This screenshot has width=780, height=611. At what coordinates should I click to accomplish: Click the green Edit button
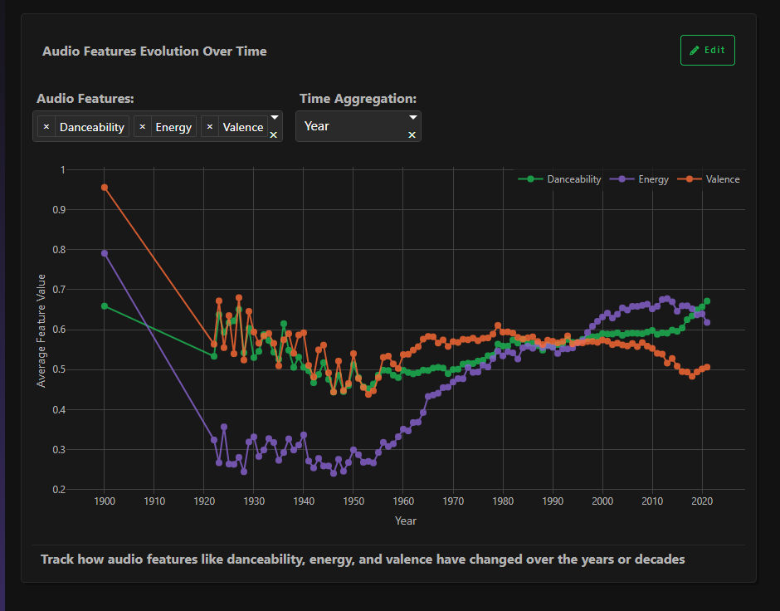pyautogui.click(x=707, y=50)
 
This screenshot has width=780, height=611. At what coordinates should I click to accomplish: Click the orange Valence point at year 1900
pyautogui.click(x=105, y=188)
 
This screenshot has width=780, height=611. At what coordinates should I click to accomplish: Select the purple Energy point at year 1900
pyautogui.click(x=105, y=253)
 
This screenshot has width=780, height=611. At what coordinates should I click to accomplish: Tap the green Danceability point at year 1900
pyautogui.click(x=105, y=306)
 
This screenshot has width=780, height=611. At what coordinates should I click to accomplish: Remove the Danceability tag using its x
pyautogui.click(x=46, y=127)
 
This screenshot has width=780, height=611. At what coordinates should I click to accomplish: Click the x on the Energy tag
pyautogui.click(x=143, y=127)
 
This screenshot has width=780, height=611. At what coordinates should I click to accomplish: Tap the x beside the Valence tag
pyautogui.click(x=210, y=127)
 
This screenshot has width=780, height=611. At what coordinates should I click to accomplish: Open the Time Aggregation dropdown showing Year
pyautogui.click(x=358, y=126)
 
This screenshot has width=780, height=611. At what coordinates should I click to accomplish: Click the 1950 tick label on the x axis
pyautogui.click(x=353, y=501)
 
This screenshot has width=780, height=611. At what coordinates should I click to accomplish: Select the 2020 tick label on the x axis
pyautogui.click(x=702, y=501)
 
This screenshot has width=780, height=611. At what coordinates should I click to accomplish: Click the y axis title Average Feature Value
pyautogui.click(x=41, y=330)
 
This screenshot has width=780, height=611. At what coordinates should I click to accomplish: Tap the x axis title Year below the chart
pyautogui.click(x=406, y=521)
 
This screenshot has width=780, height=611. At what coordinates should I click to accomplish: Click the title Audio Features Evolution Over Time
pyautogui.click(x=154, y=51)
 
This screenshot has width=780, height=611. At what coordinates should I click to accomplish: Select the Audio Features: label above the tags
pyautogui.click(x=85, y=98)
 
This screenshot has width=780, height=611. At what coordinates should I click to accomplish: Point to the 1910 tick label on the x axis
pyautogui.click(x=154, y=501)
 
